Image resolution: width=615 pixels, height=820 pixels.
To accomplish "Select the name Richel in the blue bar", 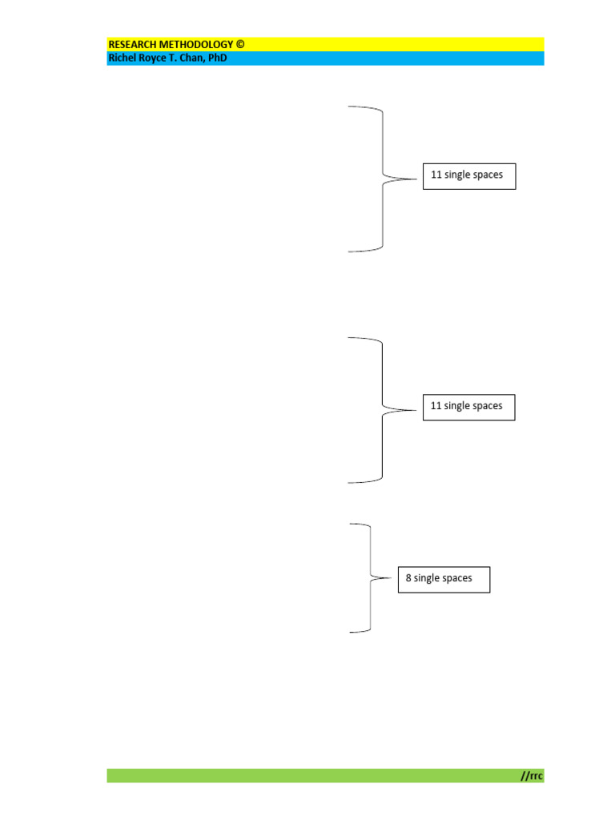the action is pos(123,58).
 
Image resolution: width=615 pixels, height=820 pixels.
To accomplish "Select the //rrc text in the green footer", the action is pos(531,775).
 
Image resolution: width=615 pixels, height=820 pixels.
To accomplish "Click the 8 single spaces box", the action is pos(444,579).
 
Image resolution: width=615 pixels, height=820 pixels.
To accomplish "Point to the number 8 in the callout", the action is pos(409,577).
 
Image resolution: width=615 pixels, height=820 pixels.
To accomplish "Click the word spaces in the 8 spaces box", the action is pos(459,577).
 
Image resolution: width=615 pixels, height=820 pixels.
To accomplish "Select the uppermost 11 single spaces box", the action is pos(469,176).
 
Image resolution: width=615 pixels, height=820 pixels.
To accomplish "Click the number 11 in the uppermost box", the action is pos(436,175).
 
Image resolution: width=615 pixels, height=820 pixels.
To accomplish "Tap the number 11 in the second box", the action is pos(436,406).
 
